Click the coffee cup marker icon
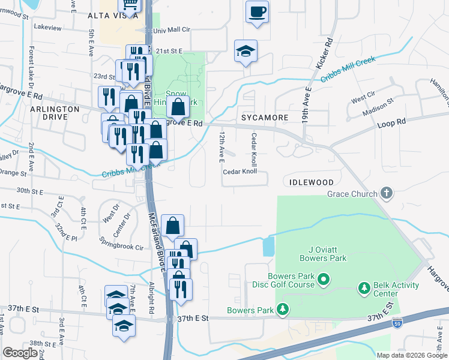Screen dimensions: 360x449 click(x=257, y=11)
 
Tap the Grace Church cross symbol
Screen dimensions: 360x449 click(x=387, y=193)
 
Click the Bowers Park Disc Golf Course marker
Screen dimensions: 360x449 click(x=324, y=279)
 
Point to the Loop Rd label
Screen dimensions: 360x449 click(x=392, y=121)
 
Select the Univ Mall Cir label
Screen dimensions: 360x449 click(x=172, y=29)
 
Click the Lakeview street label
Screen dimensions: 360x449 click(x=48, y=28)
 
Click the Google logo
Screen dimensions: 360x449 click(x=20, y=353)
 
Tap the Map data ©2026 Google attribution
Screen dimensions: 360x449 click(x=411, y=355)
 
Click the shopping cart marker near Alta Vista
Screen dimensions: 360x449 click(x=129, y=5)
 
